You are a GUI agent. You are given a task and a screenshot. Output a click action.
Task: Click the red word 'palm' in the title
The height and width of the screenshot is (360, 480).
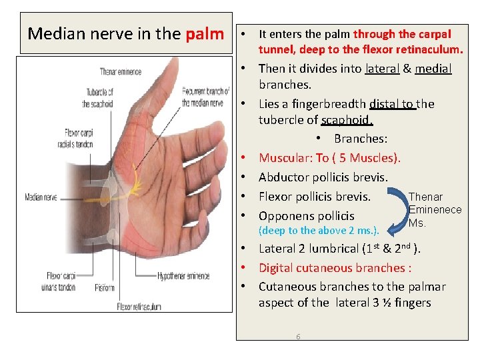pos(205,33)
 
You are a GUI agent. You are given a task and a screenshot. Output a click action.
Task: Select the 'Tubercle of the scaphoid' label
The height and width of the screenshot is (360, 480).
pos(97,97)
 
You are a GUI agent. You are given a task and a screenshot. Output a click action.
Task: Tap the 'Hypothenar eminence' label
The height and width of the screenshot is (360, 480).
pos(184,275)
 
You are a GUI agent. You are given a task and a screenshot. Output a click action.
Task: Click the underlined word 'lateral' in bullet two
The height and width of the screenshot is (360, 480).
pos(382,69)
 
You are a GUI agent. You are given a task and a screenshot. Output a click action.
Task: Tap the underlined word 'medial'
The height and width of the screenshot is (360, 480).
pos(433,69)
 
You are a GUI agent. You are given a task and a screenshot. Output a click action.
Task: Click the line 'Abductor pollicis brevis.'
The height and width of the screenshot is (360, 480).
pos(323,177)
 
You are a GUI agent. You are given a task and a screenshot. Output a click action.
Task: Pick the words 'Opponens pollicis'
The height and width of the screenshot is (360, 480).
pos(306,215)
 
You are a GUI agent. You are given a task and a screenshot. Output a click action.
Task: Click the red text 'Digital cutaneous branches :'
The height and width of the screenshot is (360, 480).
pos(335,268)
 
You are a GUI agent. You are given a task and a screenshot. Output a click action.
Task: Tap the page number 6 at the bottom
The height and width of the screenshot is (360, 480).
pos(298,337)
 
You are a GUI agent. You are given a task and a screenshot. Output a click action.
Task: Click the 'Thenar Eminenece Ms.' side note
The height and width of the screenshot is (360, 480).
pos(434,209)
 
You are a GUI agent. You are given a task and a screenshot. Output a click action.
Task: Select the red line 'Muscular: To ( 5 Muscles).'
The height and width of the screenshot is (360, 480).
pos(329,158)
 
